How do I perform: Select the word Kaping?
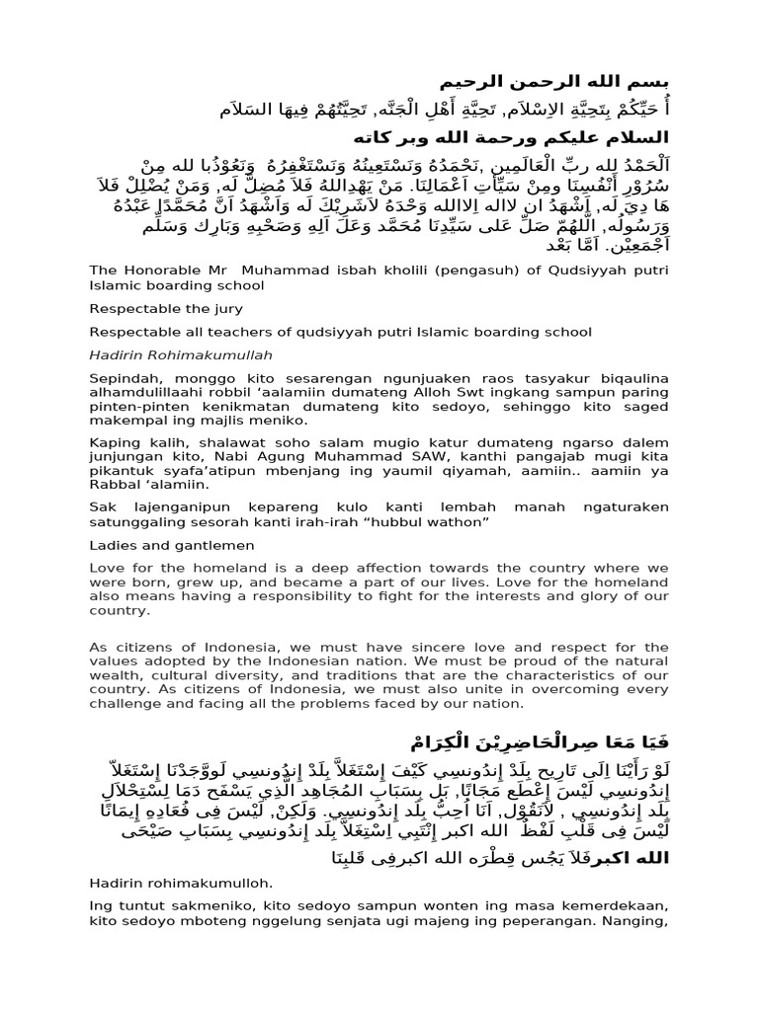click(113, 444)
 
